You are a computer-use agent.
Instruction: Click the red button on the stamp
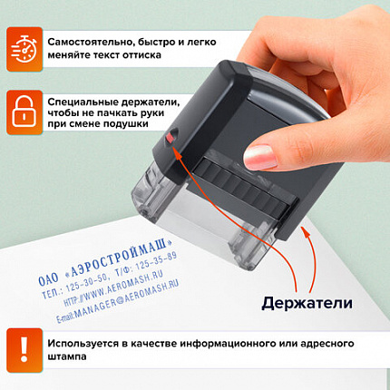point(172,139)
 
